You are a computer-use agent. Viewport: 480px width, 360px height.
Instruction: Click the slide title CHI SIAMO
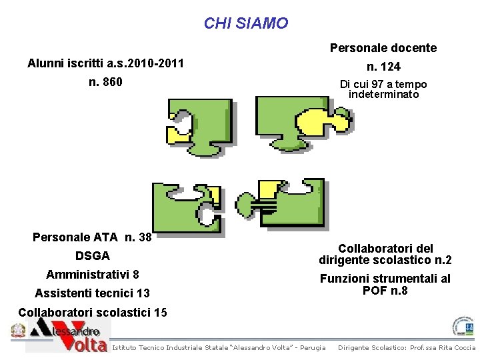click(246, 24)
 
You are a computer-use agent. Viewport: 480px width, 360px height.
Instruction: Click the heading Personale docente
click(383, 48)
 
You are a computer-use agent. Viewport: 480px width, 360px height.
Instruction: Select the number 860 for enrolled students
click(105, 83)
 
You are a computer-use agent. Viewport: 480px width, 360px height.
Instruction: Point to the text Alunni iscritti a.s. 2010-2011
click(105, 65)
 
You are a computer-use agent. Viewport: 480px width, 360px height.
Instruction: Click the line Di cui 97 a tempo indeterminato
click(383, 89)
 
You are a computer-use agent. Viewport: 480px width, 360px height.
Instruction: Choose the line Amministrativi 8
click(93, 275)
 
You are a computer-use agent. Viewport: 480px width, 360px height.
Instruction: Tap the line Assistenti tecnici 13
click(92, 293)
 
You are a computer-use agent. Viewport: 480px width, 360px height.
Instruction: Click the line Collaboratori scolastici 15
click(93, 312)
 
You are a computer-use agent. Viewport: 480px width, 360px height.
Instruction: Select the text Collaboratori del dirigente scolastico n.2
click(385, 253)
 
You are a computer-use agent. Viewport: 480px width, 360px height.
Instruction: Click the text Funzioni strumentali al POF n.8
click(385, 284)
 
